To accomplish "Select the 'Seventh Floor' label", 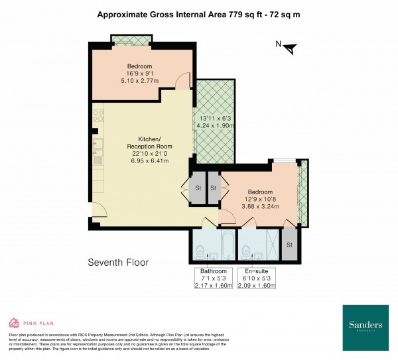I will click(x=118, y=263).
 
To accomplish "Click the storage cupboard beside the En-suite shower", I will click(x=289, y=245).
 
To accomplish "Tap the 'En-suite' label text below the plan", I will click(x=255, y=271).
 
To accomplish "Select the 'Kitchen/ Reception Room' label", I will click(x=141, y=142).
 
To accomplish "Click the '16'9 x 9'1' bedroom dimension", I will click(x=140, y=74).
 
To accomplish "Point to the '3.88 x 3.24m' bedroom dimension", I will click(x=261, y=206).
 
